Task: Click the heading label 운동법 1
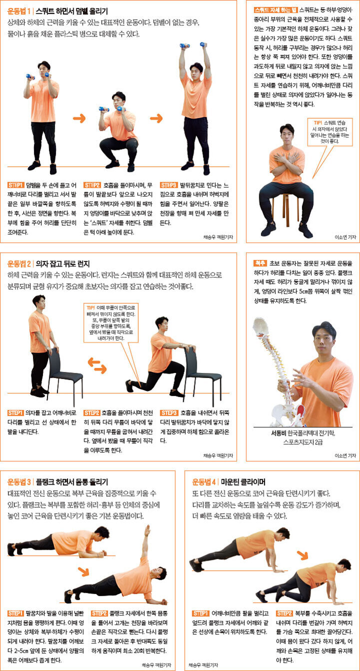tap(19, 10)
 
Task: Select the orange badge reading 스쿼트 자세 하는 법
tap(275, 9)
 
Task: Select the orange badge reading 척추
tap(260, 262)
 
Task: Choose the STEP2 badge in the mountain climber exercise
tap(285, 613)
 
